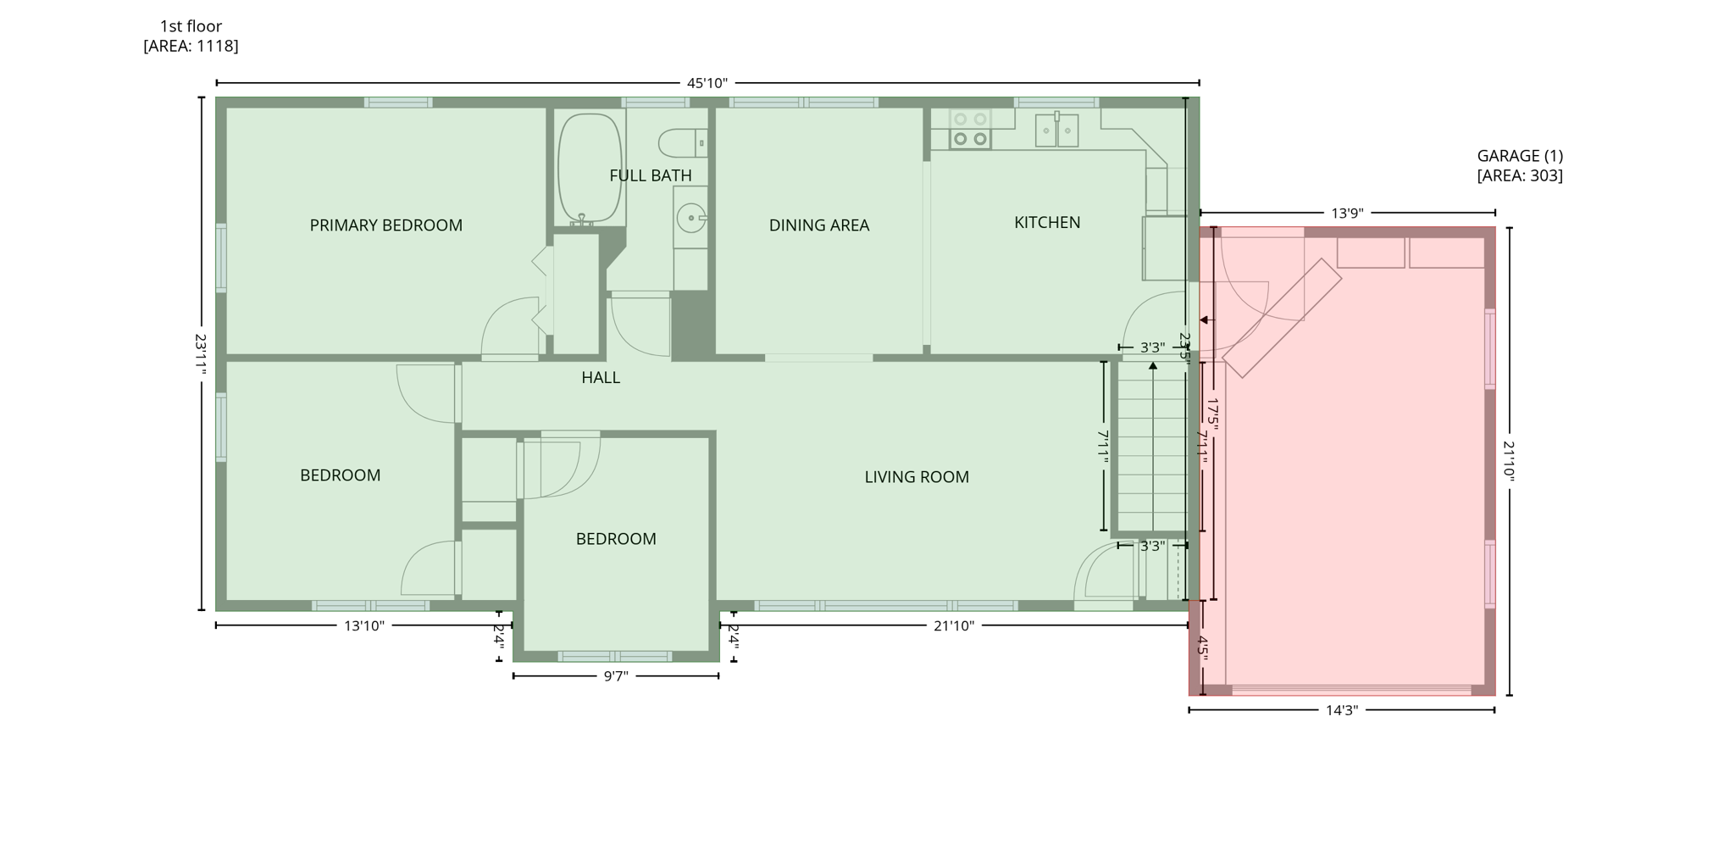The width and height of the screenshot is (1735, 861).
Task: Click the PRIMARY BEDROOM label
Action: point(385,225)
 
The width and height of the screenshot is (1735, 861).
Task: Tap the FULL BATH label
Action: point(650,175)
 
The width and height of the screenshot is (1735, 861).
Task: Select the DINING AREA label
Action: point(818,225)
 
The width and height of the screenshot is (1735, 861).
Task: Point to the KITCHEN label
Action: point(1047,222)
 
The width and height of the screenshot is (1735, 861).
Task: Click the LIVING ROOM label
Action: point(916,477)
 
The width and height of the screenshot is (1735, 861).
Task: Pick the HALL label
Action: point(600,378)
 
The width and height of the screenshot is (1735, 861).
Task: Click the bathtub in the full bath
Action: point(590,167)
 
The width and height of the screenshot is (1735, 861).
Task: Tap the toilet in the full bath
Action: point(683,142)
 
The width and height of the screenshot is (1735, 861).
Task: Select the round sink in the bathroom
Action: point(690,218)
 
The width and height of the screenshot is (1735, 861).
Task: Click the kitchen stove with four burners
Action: point(970,129)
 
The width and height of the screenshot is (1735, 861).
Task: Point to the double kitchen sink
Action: point(1056,131)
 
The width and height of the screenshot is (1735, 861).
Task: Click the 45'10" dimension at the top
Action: point(707,83)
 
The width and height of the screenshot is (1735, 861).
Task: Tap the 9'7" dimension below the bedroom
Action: point(616,676)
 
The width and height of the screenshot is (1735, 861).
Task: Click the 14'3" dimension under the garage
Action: point(1341,710)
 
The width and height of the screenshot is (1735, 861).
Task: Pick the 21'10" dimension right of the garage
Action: point(1509,460)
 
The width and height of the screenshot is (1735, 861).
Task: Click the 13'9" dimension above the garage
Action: point(1347,213)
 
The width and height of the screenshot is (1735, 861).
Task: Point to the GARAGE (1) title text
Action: point(1520,156)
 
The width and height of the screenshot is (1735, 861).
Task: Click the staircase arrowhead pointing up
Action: point(1153,366)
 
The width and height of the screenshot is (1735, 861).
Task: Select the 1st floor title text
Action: point(191,26)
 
